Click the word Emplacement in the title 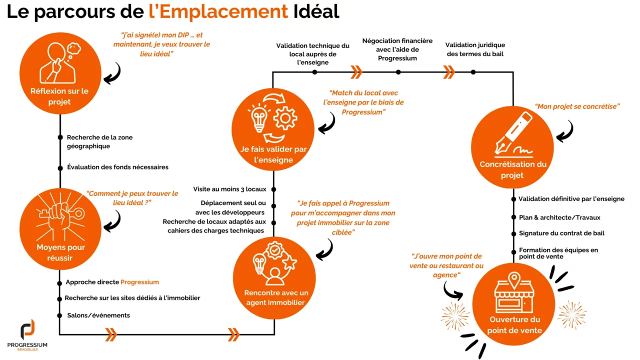(x=218, y=11)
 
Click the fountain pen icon (x=512, y=134)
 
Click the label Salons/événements (x=98, y=315)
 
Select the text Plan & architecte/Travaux (x=559, y=217)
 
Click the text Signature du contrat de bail (x=561, y=233)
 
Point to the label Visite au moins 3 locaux (x=229, y=189)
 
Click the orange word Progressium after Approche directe (x=139, y=282)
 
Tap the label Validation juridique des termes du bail (x=475, y=49)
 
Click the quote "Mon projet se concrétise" (x=577, y=106)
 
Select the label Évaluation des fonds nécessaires (x=117, y=167)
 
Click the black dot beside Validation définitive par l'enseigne (x=513, y=199)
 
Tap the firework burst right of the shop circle (x=572, y=314)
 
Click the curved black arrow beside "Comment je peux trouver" (x=113, y=220)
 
